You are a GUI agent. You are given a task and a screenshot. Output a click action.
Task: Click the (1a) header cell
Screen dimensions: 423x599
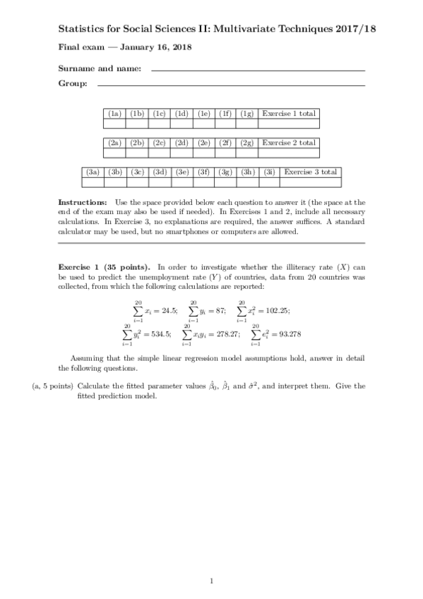coord(115,113)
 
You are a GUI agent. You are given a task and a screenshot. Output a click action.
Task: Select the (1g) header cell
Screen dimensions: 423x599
coord(247,113)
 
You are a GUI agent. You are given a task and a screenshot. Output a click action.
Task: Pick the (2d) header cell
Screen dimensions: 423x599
coord(181,143)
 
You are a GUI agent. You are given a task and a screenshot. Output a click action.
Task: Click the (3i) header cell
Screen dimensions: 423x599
coord(269,172)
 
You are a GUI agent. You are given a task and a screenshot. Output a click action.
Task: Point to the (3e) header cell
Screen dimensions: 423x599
coord(181,172)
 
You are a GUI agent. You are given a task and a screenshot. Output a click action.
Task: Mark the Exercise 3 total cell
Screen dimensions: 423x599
coord(311,172)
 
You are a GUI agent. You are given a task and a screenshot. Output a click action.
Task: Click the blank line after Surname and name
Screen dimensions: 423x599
coord(258,70)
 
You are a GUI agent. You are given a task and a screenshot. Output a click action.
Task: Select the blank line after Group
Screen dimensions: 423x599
coord(231,85)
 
